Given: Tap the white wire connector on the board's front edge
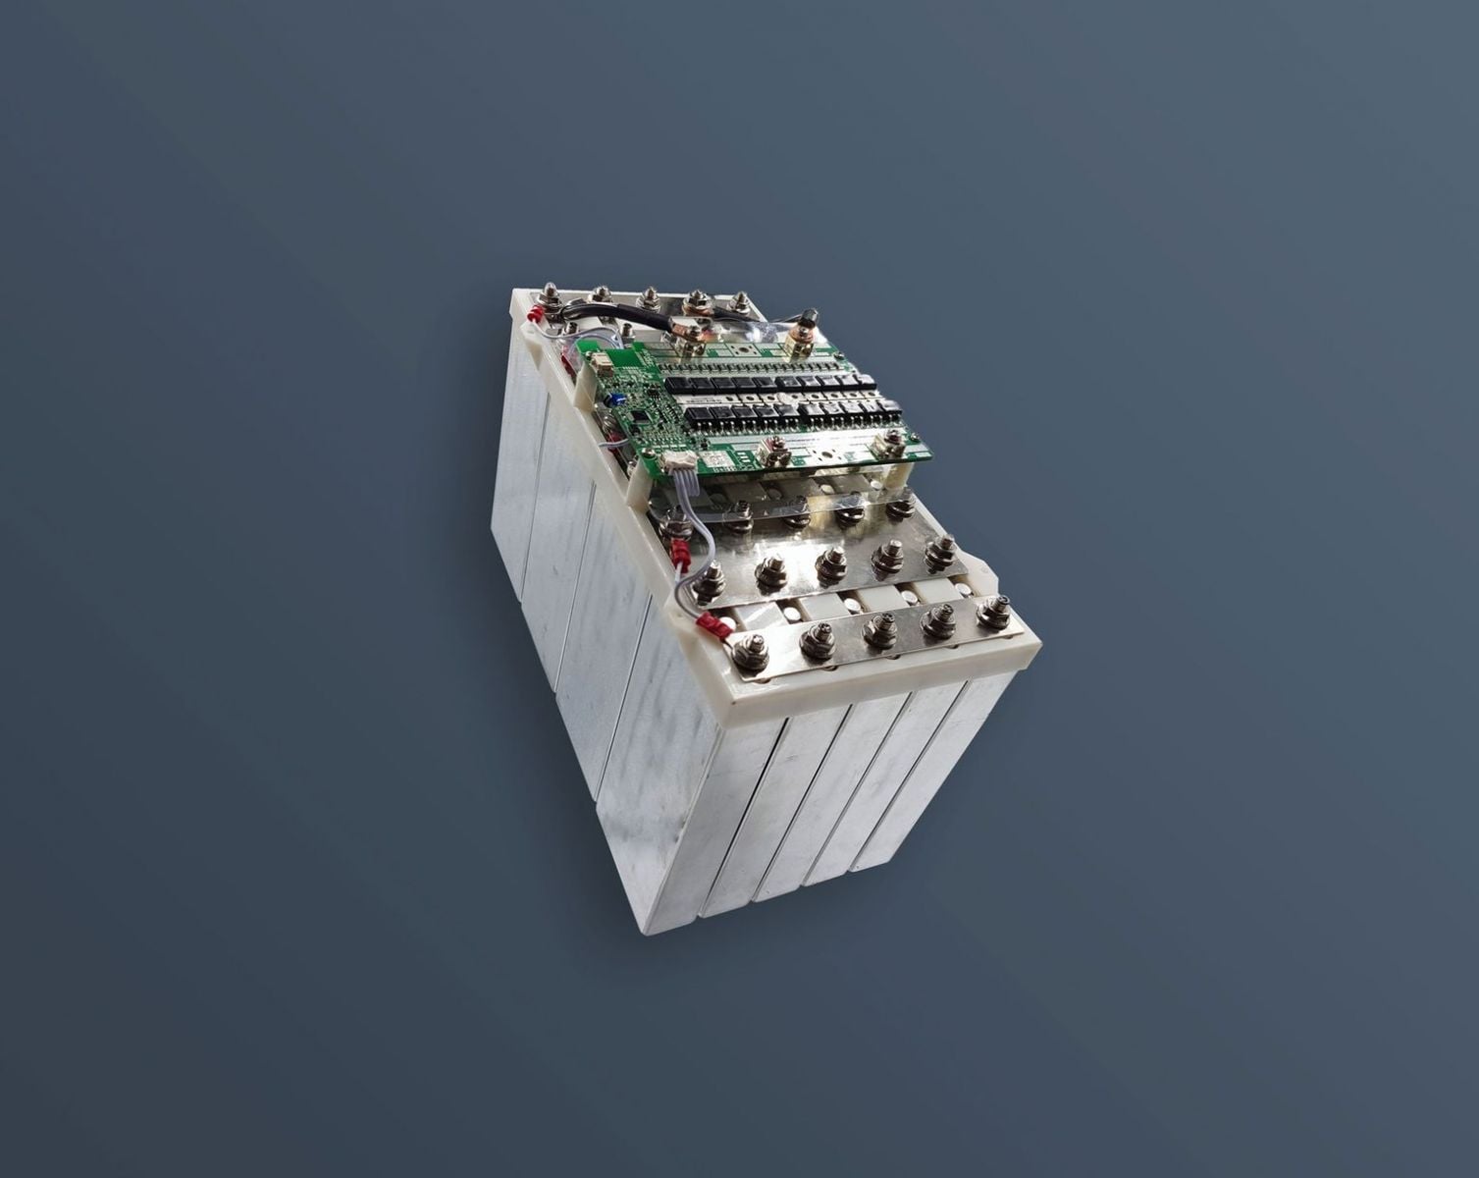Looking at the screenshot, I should (677, 468).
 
